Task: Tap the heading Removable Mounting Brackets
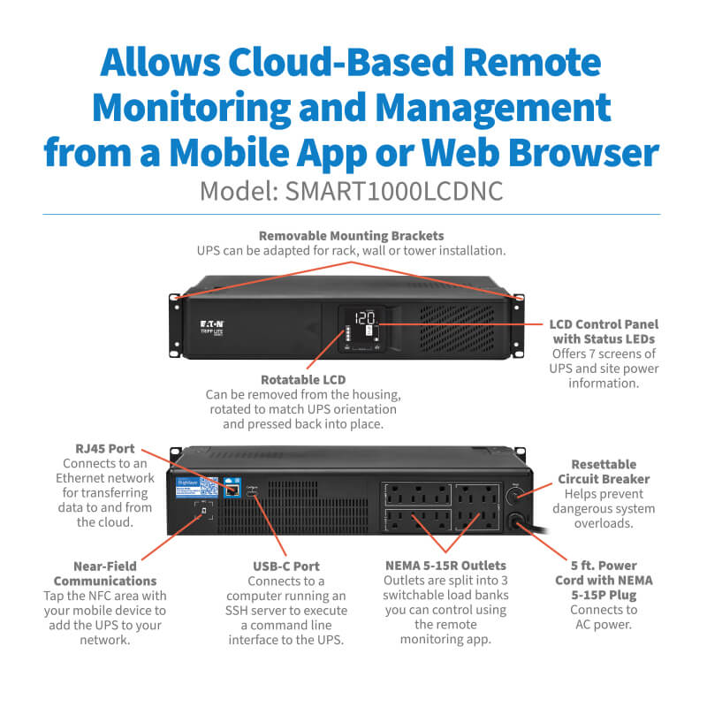coord(351,236)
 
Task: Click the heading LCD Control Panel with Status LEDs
coord(604,331)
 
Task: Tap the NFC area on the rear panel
coord(204,512)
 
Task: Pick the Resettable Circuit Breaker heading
coord(604,471)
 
